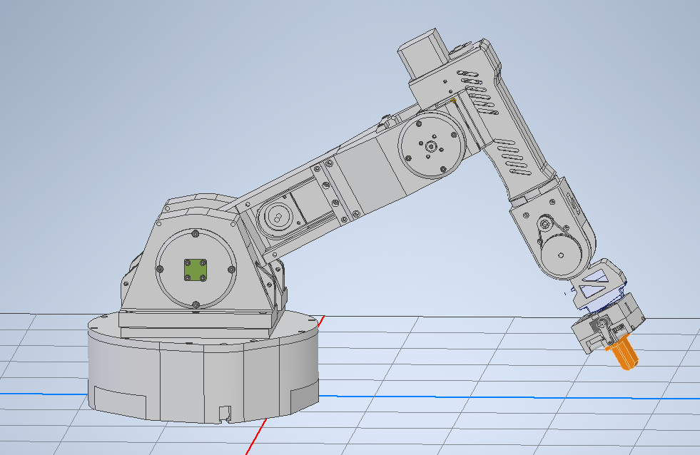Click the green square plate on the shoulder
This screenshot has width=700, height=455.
tap(194, 270)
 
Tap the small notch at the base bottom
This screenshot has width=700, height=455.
tap(225, 412)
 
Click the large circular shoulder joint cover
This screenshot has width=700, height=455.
tap(195, 270)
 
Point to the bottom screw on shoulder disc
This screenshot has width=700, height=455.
tap(196, 305)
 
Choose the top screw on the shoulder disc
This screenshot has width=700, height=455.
tap(195, 233)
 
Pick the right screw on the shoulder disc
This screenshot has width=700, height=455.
tap(231, 269)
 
